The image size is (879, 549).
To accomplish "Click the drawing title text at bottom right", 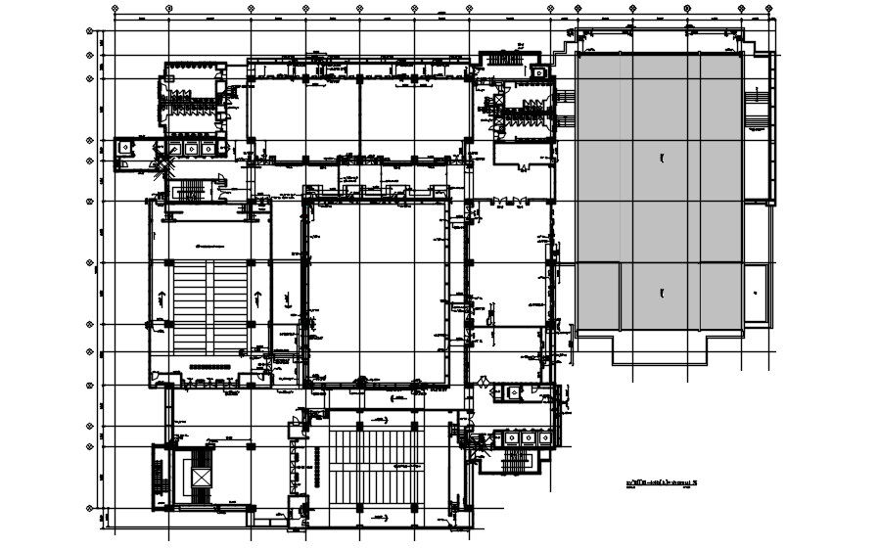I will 669,482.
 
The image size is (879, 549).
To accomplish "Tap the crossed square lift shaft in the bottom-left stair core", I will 201,476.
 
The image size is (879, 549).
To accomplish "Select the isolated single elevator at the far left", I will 125,145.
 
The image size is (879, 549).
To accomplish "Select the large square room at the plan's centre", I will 377,290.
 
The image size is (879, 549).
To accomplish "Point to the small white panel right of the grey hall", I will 756,293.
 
